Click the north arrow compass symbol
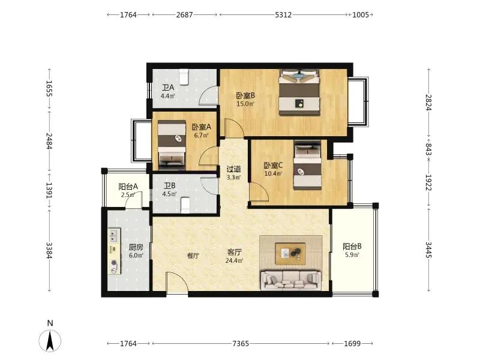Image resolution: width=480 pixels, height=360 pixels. [50, 340]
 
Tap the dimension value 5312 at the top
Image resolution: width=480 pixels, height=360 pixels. [283, 14]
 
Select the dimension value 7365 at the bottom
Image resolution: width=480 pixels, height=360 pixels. [241, 343]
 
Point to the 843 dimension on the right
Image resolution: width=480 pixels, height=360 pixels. [428, 149]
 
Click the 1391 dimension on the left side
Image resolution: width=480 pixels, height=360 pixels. [49, 190]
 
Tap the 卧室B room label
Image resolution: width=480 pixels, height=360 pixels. [245, 95]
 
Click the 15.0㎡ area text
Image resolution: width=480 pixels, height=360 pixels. [245, 104]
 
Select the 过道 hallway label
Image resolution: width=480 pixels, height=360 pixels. [233, 169]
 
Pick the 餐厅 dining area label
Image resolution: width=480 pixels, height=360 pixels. [193, 256]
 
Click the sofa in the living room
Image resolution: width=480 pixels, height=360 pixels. [291, 280]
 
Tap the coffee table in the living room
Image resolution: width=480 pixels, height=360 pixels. [290, 253]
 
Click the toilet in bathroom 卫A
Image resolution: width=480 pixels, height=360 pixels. [184, 77]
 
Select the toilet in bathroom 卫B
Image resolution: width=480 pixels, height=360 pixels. [185, 205]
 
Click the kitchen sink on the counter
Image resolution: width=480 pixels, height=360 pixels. [114, 235]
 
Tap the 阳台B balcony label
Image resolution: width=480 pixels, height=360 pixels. [352, 247]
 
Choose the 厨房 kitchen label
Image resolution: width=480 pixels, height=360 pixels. [136, 247]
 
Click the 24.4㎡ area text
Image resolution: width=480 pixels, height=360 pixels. [235, 261]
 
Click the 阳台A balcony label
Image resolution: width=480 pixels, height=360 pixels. [128, 187]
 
